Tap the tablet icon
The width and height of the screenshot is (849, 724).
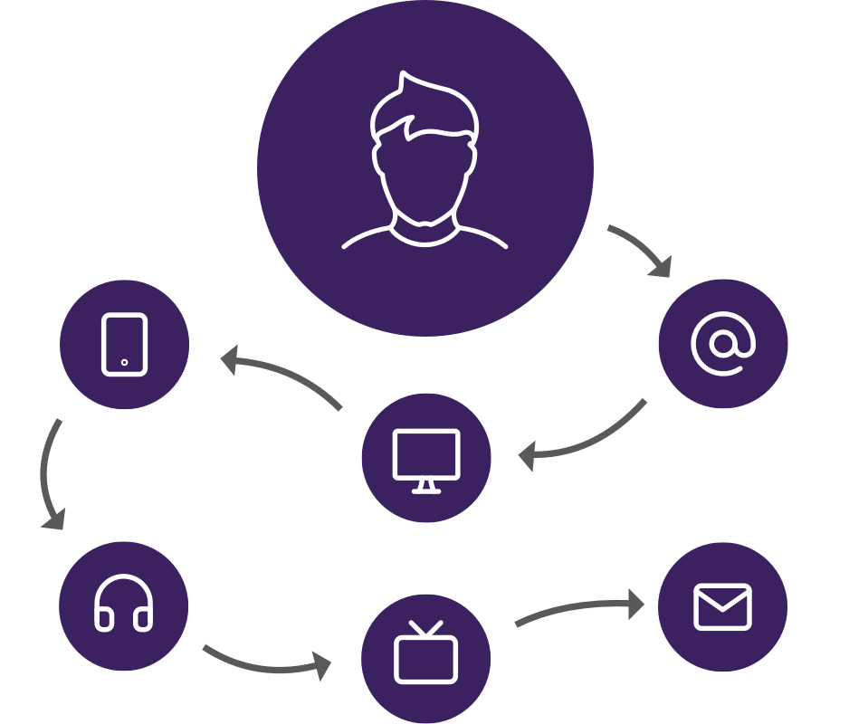click(124, 344)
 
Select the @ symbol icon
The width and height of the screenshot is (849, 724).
click(722, 343)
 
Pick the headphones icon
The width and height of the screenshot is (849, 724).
click(123, 605)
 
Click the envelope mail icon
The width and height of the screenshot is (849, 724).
click(722, 606)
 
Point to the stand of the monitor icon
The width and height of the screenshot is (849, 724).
click(425, 487)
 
